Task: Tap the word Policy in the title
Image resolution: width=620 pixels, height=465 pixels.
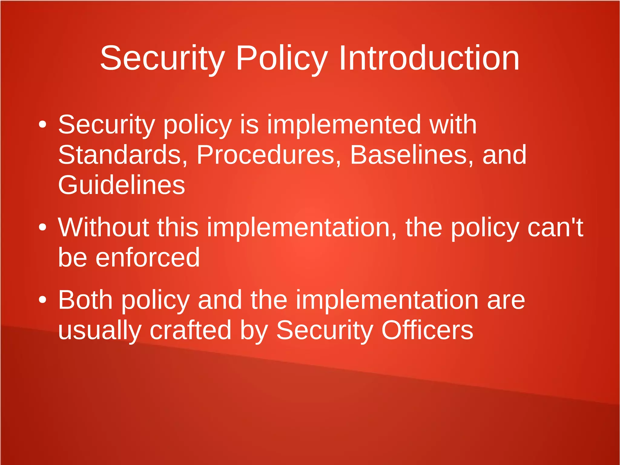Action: pyautogui.click(x=282, y=58)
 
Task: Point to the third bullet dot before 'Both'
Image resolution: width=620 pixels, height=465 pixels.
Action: pyautogui.click(x=43, y=300)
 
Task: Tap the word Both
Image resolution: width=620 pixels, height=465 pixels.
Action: pyautogui.click(x=85, y=300)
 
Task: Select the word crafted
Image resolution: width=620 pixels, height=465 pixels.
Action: pyautogui.click(x=190, y=330)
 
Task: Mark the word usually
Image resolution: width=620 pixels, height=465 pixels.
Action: pyautogui.click(x=100, y=330)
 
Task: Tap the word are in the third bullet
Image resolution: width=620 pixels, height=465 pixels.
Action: pyautogui.click(x=506, y=300)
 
